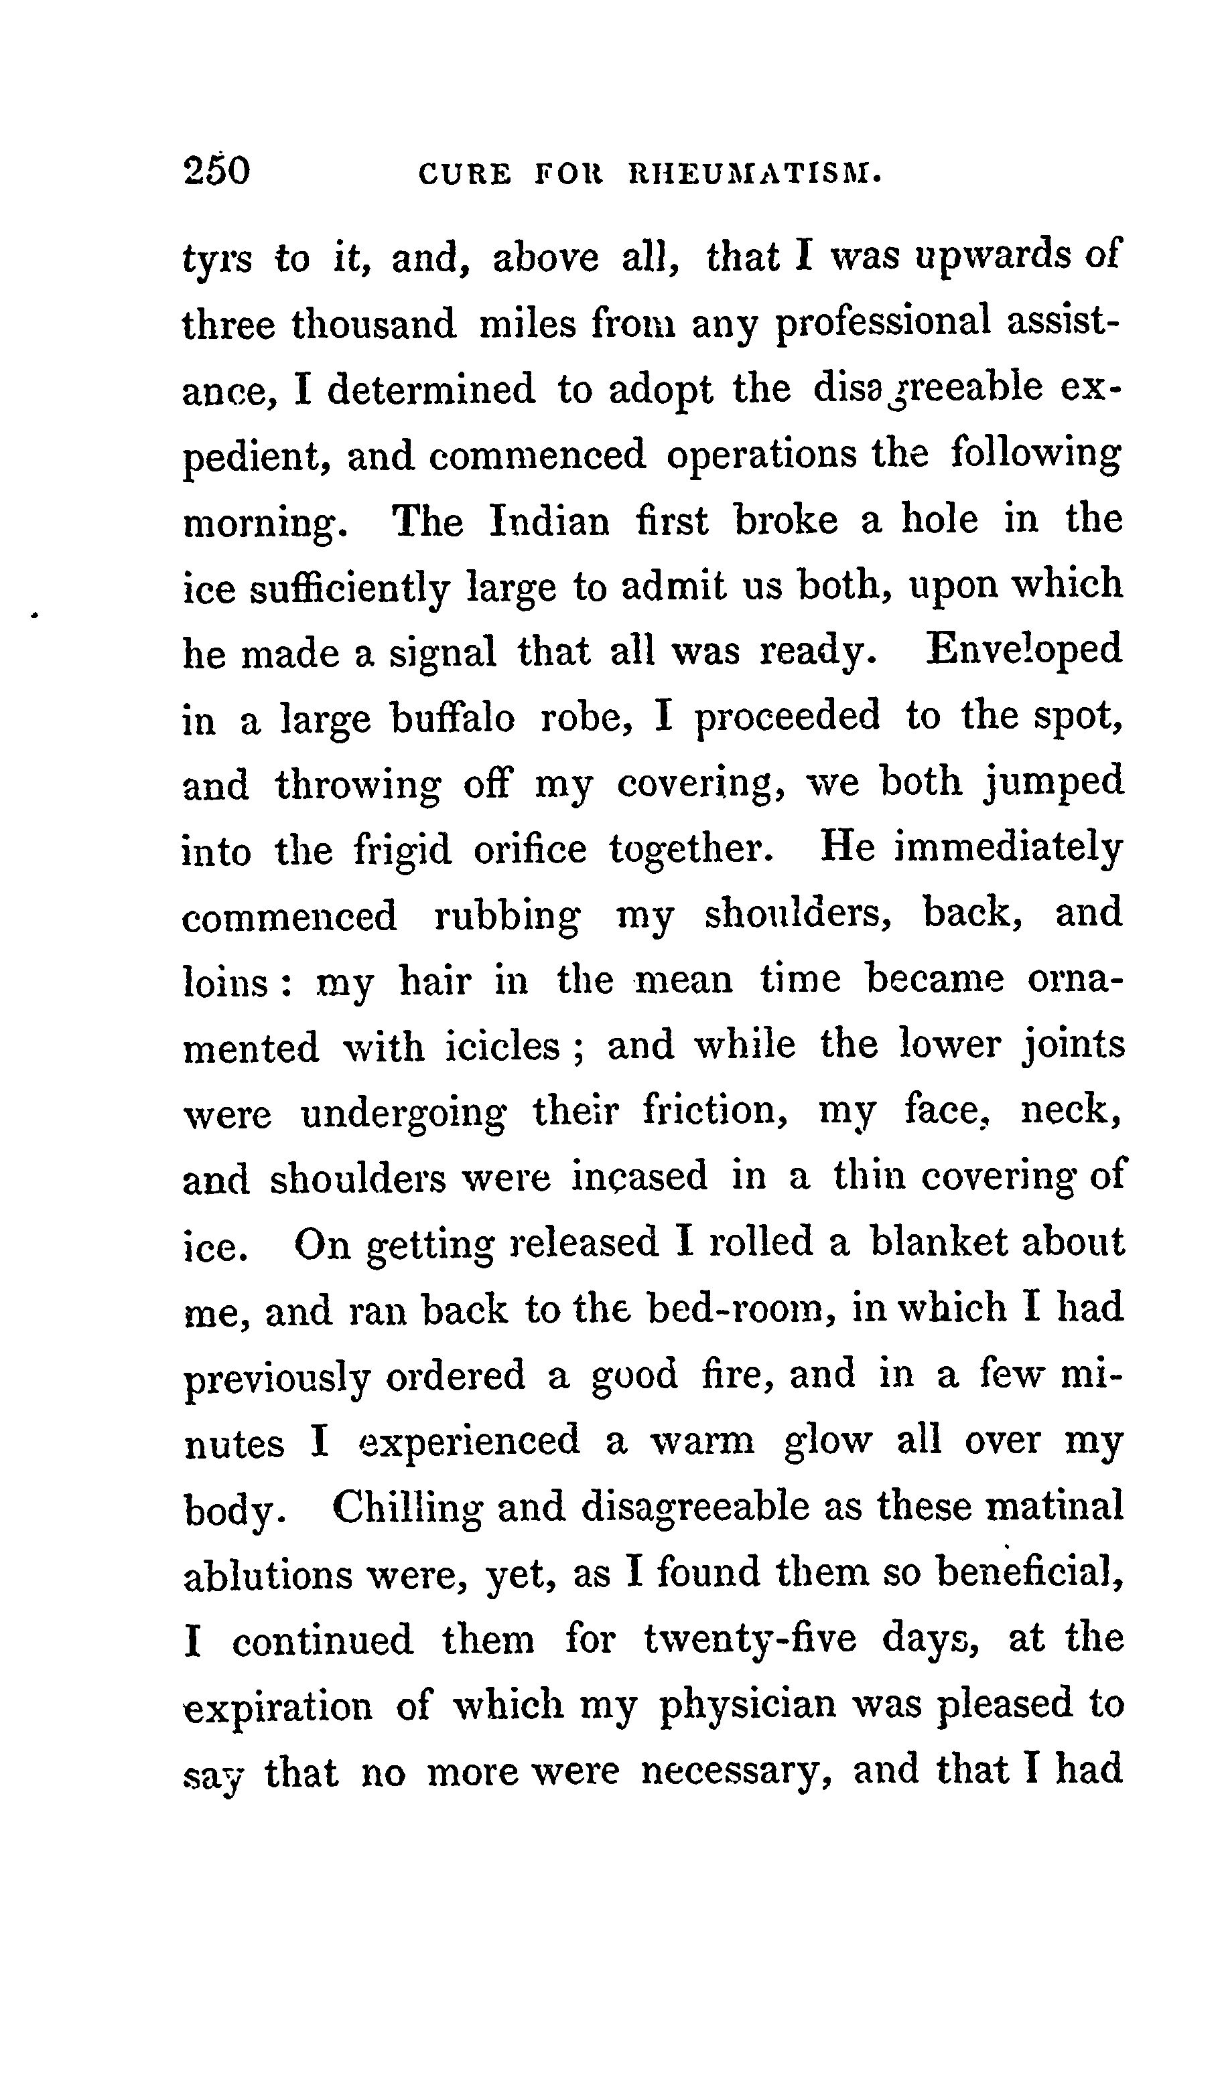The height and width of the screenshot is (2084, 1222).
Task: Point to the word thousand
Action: (374, 323)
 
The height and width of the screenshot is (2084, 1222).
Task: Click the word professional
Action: (884, 323)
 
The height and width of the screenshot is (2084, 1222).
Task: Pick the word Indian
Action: (550, 521)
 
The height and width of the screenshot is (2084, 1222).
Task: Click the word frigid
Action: (403, 850)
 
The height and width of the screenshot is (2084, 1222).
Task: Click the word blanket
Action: (939, 1243)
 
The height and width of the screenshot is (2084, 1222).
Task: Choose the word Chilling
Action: (407, 1507)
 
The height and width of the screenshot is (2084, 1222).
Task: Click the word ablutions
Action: (267, 1574)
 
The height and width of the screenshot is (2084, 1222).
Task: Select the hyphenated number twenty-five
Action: (750, 1640)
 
